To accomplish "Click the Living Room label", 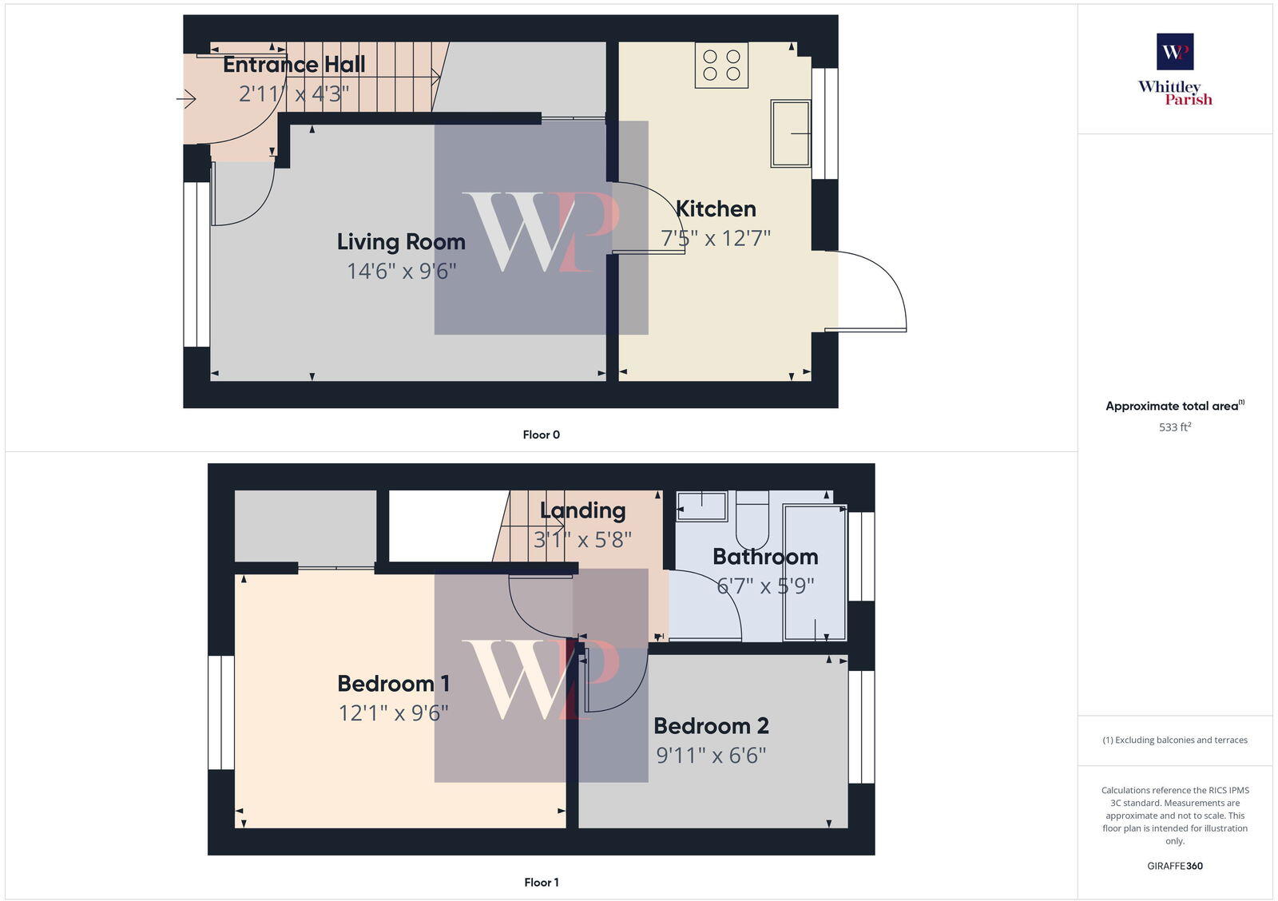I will coord(400,241).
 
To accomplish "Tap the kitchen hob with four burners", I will coord(721,65).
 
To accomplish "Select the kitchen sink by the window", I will coord(791,133).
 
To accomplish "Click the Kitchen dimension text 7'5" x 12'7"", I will coord(715,238).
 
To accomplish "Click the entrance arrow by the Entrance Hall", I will coord(186,99).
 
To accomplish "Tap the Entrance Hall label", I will coord(294,65).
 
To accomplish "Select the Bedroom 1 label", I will coord(393,684).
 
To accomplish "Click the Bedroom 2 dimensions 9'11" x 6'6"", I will coord(711,755).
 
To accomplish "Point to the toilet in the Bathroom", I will coord(751,519).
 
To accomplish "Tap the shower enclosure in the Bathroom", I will coord(815,572).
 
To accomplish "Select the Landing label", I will coord(582,510).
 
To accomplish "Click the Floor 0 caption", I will coord(541,435).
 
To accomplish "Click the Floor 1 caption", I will coord(541,883).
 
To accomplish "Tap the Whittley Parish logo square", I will coord(1175,51).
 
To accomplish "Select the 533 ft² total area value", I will coord(1175,427).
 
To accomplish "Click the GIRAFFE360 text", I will coord(1175,866).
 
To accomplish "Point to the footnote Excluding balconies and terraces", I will coord(1175,740).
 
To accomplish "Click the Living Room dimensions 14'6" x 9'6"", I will coord(401,271).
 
